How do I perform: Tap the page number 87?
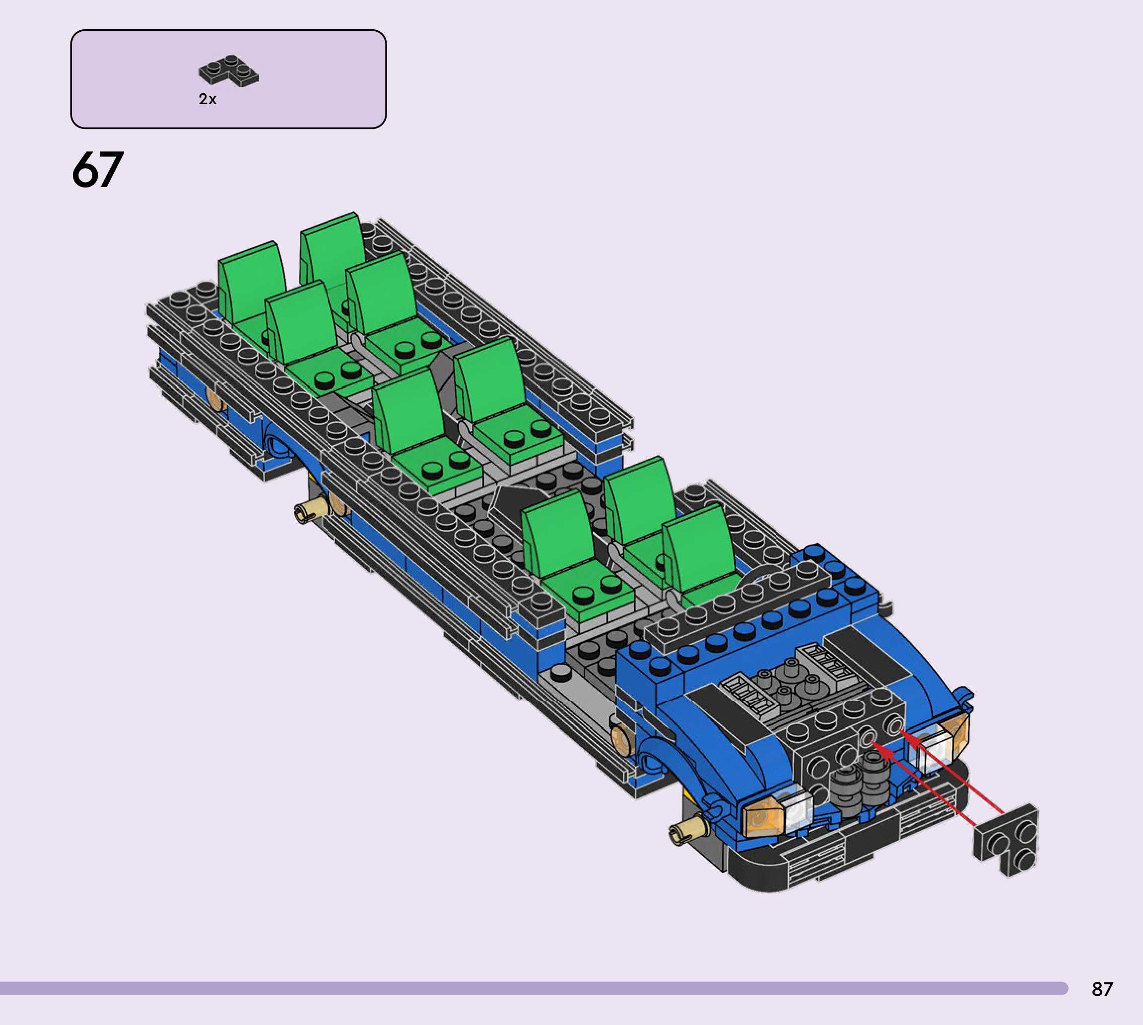tap(1102, 989)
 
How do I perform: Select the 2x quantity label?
tap(207, 99)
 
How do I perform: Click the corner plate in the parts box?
tap(228, 71)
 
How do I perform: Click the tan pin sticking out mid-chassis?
tap(311, 510)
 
